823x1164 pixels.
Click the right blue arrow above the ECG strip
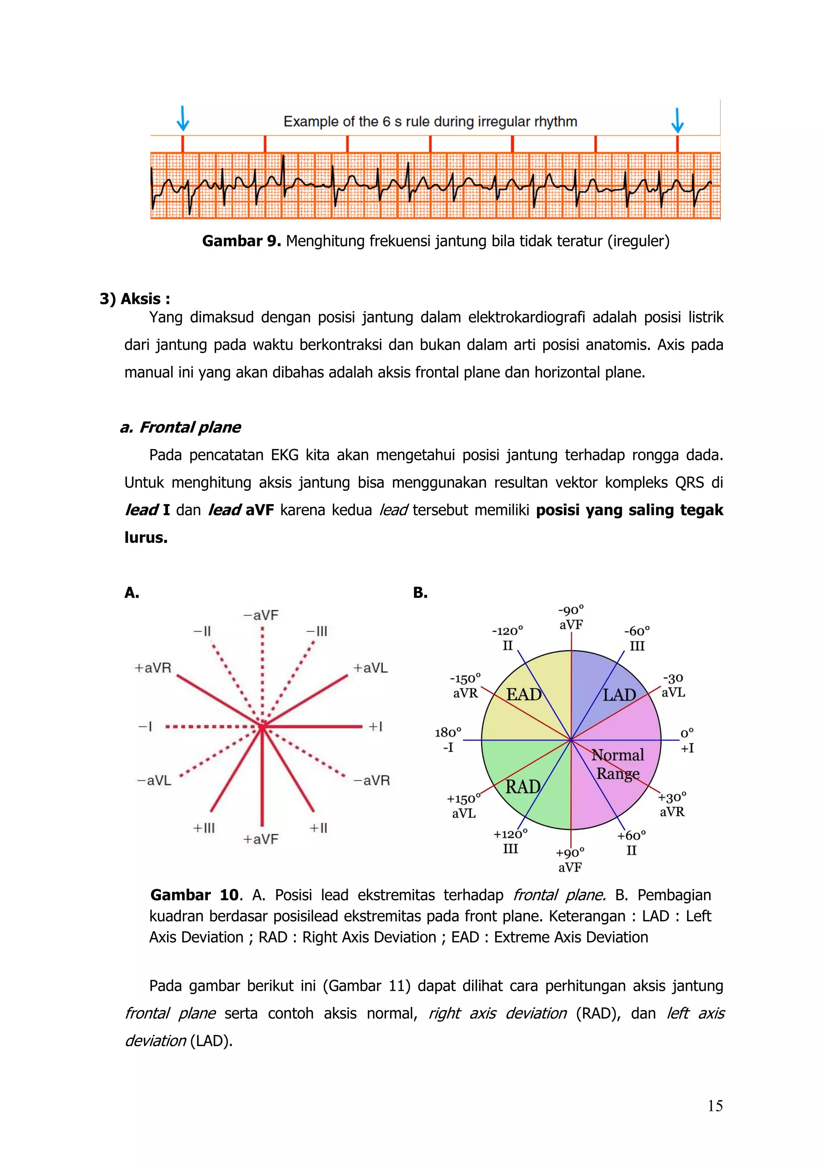[677, 121]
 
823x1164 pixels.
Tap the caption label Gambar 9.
[241, 241]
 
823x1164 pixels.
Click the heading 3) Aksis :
[135, 299]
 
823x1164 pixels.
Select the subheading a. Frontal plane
[180, 427]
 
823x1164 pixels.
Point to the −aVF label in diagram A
[260, 615]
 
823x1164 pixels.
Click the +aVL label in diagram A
[371, 668]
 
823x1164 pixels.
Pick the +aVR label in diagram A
[153, 668]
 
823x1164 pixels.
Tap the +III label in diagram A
[204, 828]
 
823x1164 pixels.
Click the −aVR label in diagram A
[371, 780]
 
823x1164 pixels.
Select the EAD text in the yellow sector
[524, 694]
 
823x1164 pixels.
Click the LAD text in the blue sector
[619, 695]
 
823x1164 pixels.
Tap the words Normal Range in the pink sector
[618, 764]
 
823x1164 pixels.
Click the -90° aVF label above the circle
[571, 617]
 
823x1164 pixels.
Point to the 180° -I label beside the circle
[448, 740]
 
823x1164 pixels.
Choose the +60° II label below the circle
[631, 842]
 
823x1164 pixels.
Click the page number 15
[715, 1106]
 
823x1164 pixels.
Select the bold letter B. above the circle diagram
[420, 592]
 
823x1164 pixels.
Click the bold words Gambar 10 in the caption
[194, 895]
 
